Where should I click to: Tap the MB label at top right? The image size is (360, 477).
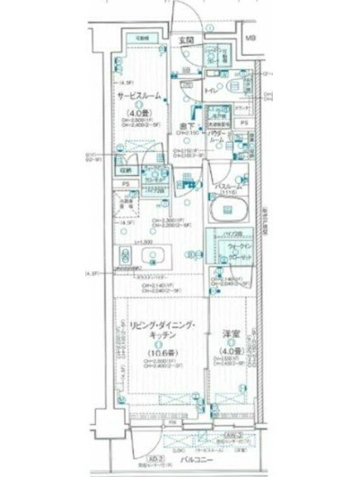click(x=251, y=39)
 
